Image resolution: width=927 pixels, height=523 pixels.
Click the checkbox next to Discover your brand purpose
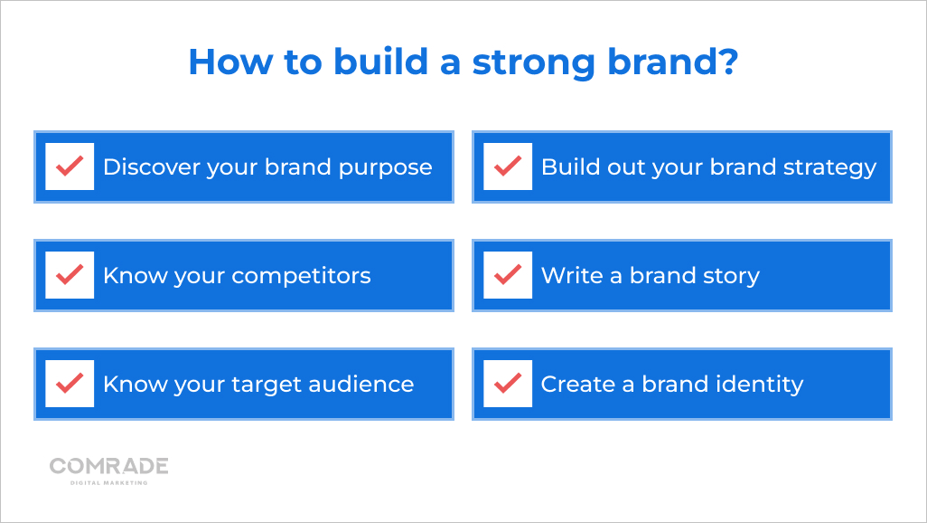point(70,166)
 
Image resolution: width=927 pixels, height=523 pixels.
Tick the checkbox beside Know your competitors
point(70,275)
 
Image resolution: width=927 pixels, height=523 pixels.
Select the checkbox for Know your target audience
point(70,384)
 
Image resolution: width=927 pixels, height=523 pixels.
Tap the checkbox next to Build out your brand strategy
point(508,166)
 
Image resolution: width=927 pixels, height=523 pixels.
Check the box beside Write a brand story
point(508,275)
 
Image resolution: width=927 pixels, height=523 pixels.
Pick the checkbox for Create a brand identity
point(508,384)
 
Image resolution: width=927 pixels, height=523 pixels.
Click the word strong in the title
point(533,62)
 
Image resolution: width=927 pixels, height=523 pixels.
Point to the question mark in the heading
point(727,61)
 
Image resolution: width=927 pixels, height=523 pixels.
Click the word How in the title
point(230,61)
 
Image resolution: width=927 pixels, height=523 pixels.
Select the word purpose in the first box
point(386,168)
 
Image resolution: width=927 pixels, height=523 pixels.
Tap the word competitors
point(301,276)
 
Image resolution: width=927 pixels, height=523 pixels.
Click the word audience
point(360,384)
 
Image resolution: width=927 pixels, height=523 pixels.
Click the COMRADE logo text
point(108,466)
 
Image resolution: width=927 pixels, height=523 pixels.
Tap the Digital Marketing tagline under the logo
point(108,482)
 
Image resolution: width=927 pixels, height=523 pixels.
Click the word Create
point(577,384)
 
